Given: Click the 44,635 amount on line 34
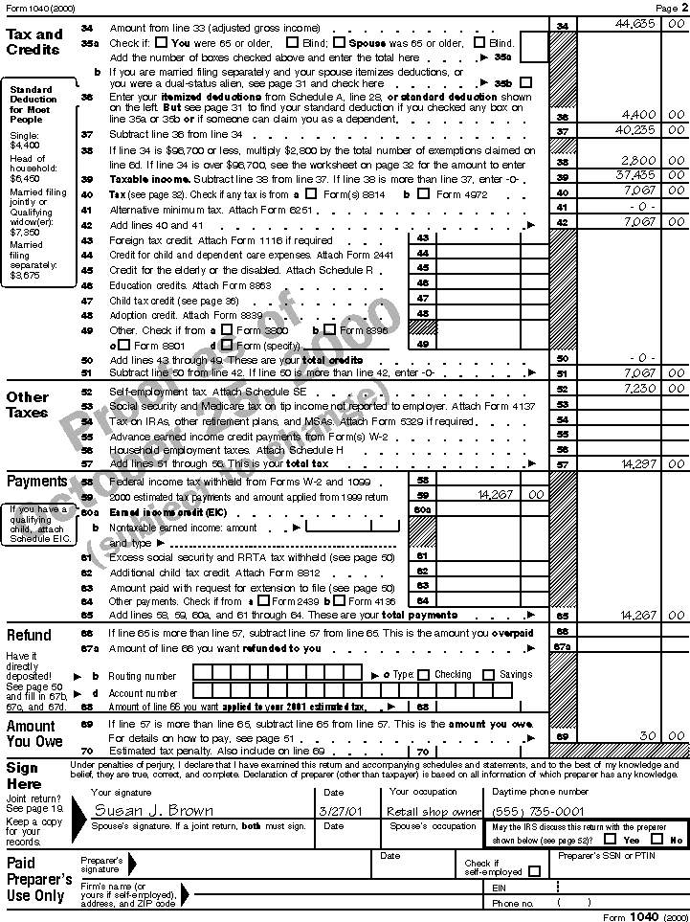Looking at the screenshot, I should pyautogui.click(x=634, y=26).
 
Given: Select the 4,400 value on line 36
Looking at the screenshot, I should pyautogui.click(x=640, y=116).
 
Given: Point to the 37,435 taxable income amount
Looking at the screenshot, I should pyautogui.click(x=635, y=176).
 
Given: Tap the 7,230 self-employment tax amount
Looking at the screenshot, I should pyautogui.click(x=638, y=389).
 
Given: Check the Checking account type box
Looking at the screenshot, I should pyautogui.click(x=424, y=675).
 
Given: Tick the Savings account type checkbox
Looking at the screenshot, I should pyautogui.click(x=489, y=675).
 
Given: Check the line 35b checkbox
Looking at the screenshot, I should pyautogui.click(x=526, y=83).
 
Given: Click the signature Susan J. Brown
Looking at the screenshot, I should pyautogui.click(x=152, y=811).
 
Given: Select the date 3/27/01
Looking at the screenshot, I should pyautogui.click(x=342, y=811).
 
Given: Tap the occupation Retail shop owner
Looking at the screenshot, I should pyautogui.click(x=434, y=811).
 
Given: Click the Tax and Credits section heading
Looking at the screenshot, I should pyautogui.click(x=34, y=41).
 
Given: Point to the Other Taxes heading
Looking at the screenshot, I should pyautogui.click(x=28, y=404).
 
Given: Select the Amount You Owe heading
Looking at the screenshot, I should pyautogui.click(x=34, y=733).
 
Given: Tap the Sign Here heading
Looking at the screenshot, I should pyautogui.click(x=23, y=776).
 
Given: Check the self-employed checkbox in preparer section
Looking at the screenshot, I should pyautogui.click(x=534, y=871).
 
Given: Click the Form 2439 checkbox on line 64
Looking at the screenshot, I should pyautogui.click(x=264, y=601).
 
